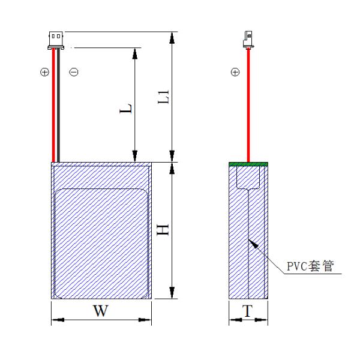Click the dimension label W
coord(101,311)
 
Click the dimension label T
coord(247,311)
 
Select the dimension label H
coord(163,230)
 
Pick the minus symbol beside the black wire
coord(73,72)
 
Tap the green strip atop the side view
coord(248,163)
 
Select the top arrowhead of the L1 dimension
coord(173,37)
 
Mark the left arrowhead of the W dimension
coord(56,321)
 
